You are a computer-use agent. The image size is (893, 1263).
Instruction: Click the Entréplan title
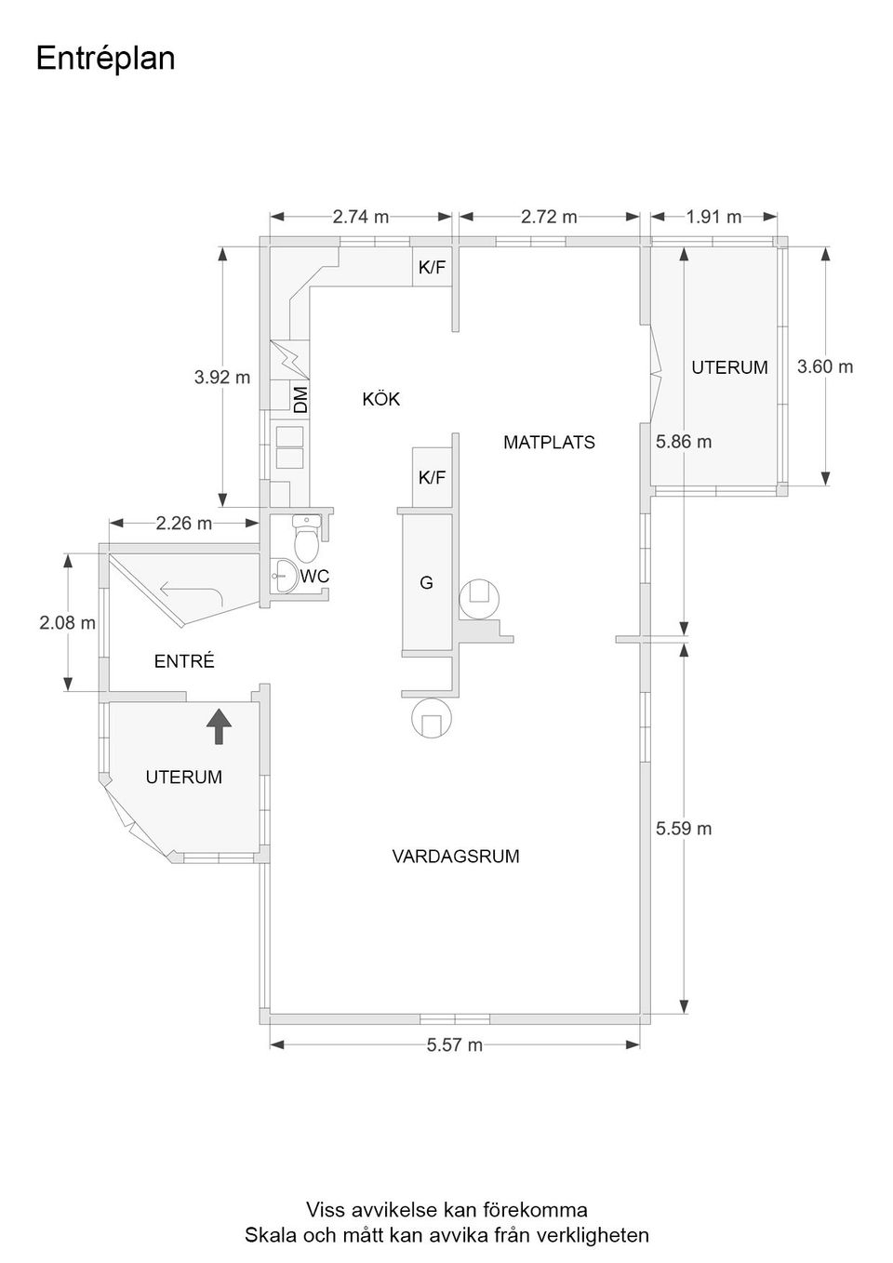pyautogui.click(x=105, y=59)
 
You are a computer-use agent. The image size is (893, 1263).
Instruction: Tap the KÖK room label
pyautogui.click(x=381, y=399)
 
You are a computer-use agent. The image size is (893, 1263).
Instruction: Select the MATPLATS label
pyautogui.click(x=549, y=443)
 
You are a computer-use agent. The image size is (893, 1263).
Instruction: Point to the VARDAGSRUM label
pyautogui.click(x=456, y=857)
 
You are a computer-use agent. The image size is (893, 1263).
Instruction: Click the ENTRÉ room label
pyautogui.click(x=184, y=661)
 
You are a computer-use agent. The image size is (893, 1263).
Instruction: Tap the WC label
pyautogui.click(x=314, y=577)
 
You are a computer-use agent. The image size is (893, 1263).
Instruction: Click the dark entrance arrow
pyautogui.click(x=219, y=726)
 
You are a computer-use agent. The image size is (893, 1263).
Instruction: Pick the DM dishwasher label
pyautogui.click(x=301, y=400)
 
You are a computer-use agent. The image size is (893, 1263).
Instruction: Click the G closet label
pyautogui.click(x=426, y=582)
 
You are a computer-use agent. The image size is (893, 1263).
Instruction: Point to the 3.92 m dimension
pyautogui.click(x=222, y=378)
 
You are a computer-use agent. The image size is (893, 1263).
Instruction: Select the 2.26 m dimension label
pyautogui.click(x=184, y=524)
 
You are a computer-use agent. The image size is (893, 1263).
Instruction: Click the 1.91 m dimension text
pyautogui.click(x=713, y=217)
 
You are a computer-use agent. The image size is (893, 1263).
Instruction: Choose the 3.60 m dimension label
pyautogui.click(x=825, y=366)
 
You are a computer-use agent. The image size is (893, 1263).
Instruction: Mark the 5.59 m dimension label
pyautogui.click(x=684, y=829)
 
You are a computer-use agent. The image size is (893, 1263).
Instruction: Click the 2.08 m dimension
pyautogui.click(x=67, y=622)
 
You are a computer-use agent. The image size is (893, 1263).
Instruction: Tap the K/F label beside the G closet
pyautogui.click(x=432, y=477)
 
